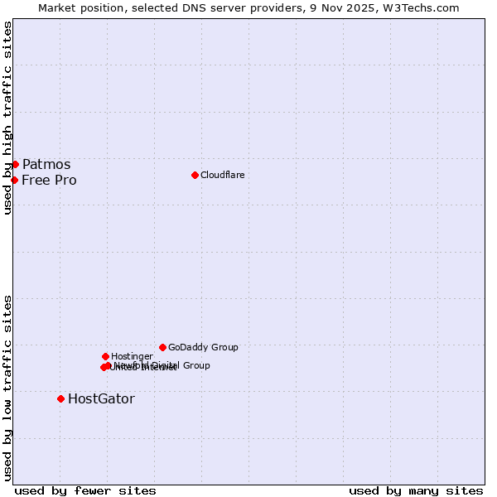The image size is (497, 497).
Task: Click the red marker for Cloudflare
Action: click(195, 175)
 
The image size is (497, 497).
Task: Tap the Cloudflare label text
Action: click(222, 175)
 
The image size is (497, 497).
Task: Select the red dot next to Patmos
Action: click(15, 164)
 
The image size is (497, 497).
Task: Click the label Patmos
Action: click(46, 164)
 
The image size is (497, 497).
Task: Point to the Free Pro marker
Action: click(14, 180)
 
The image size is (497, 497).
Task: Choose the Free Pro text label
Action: click(49, 180)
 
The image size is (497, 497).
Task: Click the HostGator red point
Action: click(60, 398)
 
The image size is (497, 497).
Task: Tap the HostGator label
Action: click(101, 398)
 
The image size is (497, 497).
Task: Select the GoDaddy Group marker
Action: click(162, 347)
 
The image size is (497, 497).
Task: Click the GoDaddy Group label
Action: click(203, 347)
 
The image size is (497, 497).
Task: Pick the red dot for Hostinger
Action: click(105, 356)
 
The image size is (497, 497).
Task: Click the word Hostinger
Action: click(132, 356)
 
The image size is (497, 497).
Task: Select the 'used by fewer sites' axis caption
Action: click(85, 490)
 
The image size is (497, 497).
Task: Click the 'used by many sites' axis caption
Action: click(416, 490)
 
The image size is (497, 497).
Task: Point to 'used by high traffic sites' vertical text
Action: click(7, 118)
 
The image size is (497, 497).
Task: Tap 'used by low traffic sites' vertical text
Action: click(7, 387)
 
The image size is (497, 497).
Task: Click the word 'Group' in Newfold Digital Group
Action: click(195, 365)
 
